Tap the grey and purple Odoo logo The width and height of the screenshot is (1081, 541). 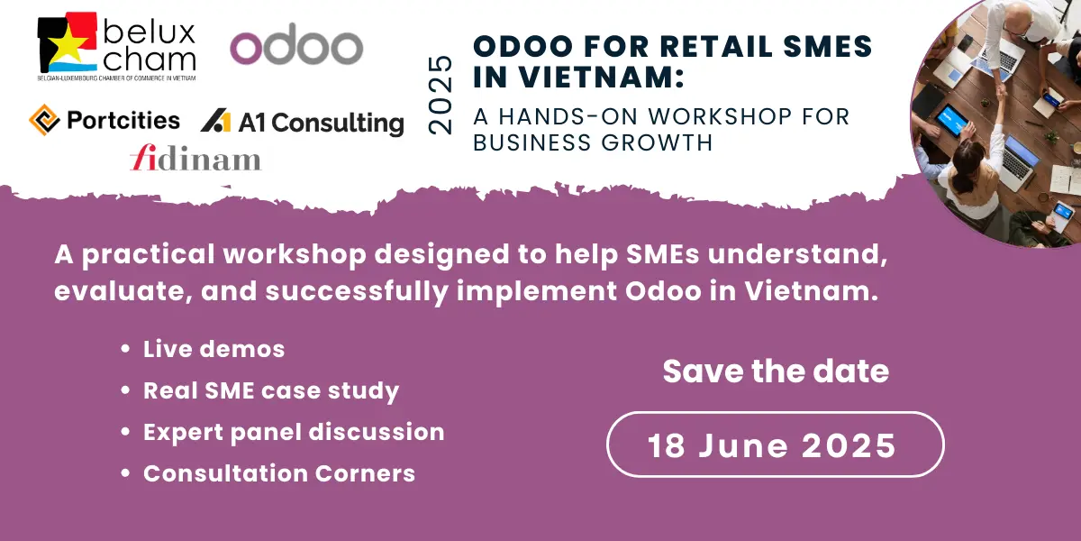pyautogui.click(x=296, y=44)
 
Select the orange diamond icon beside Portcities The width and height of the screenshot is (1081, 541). pyautogui.click(x=44, y=120)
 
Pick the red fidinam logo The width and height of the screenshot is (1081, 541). pyautogui.click(x=195, y=158)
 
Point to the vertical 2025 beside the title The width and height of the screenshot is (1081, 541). pyautogui.click(x=441, y=95)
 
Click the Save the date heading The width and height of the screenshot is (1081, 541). pyautogui.click(x=776, y=371)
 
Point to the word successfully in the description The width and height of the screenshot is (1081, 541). pyautogui.click(x=357, y=291)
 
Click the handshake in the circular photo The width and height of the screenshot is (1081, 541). pyautogui.click(x=999, y=91)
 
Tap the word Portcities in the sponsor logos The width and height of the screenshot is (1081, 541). pyautogui.click(x=123, y=120)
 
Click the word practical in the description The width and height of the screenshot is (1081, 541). pyautogui.click(x=148, y=254)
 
